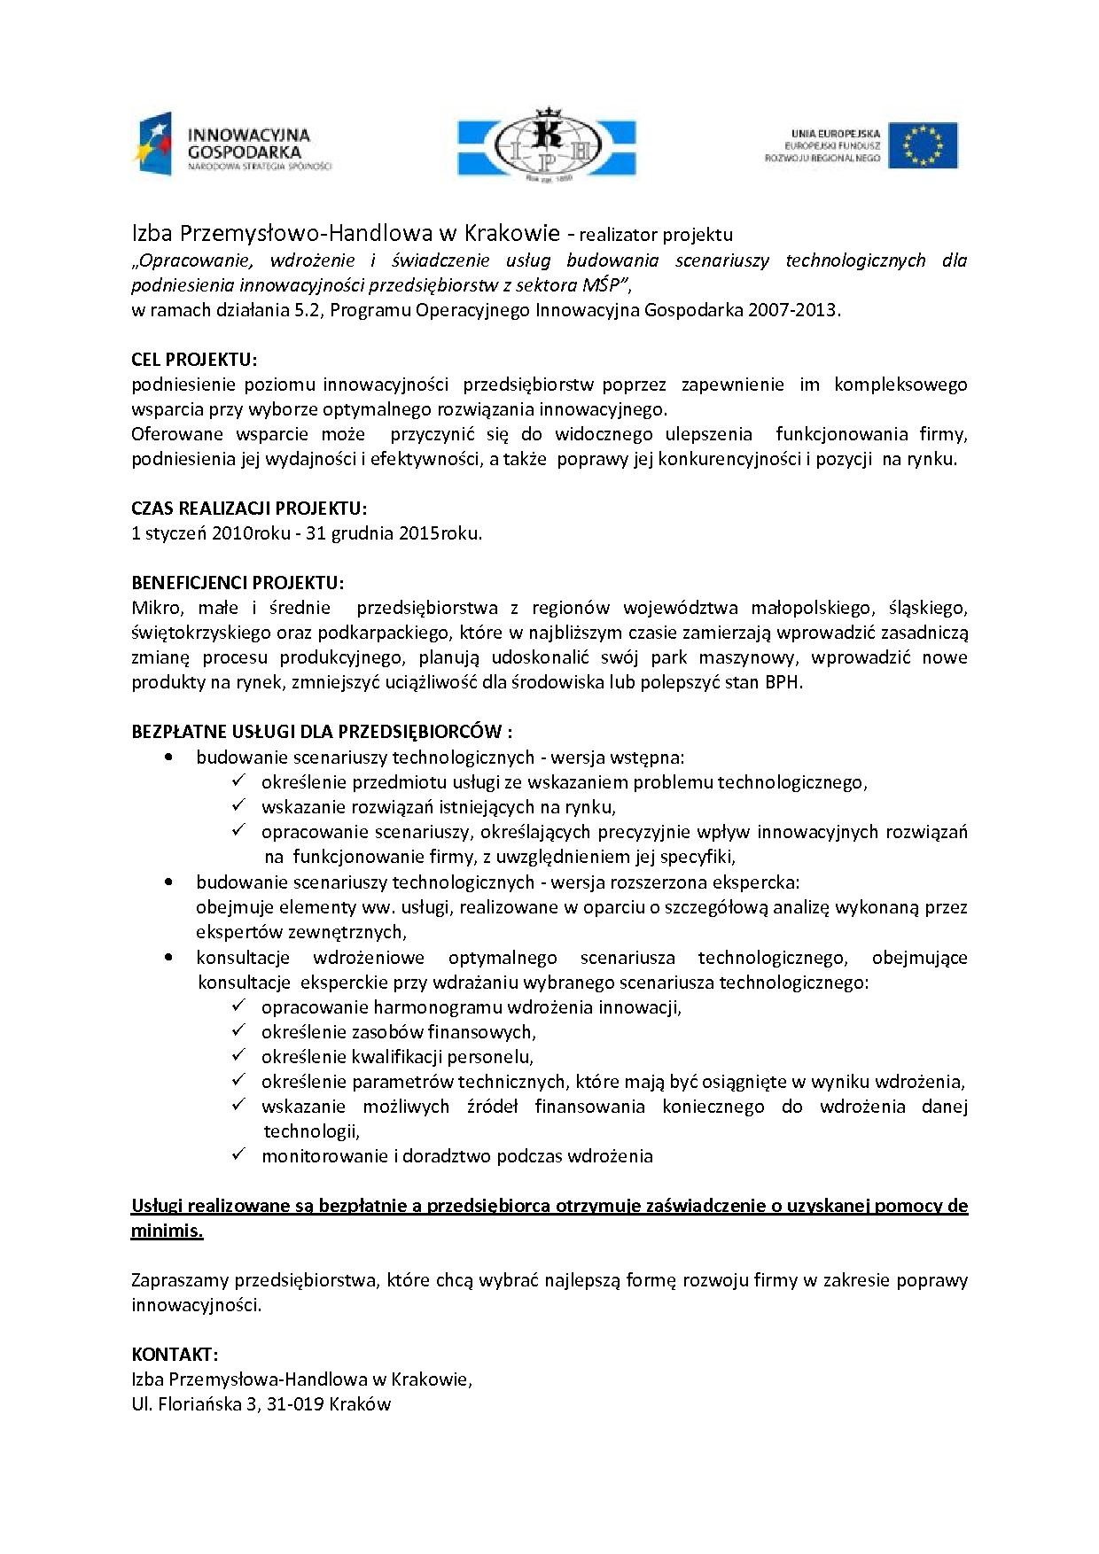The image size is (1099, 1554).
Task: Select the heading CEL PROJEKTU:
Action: click(x=194, y=359)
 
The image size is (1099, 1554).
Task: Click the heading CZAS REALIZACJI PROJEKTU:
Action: click(x=248, y=509)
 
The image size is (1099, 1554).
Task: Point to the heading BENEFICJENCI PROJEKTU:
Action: click(x=238, y=583)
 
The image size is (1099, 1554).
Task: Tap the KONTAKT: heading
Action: click(x=175, y=1354)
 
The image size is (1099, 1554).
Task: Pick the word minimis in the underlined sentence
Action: click(x=167, y=1231)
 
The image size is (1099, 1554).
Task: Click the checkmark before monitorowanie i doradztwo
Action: click(x=238, y=1154)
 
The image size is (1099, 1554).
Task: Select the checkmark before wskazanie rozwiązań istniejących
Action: click(x=238, y=805)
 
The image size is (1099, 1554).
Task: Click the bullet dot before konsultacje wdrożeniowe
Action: click(x=169, y=958)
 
